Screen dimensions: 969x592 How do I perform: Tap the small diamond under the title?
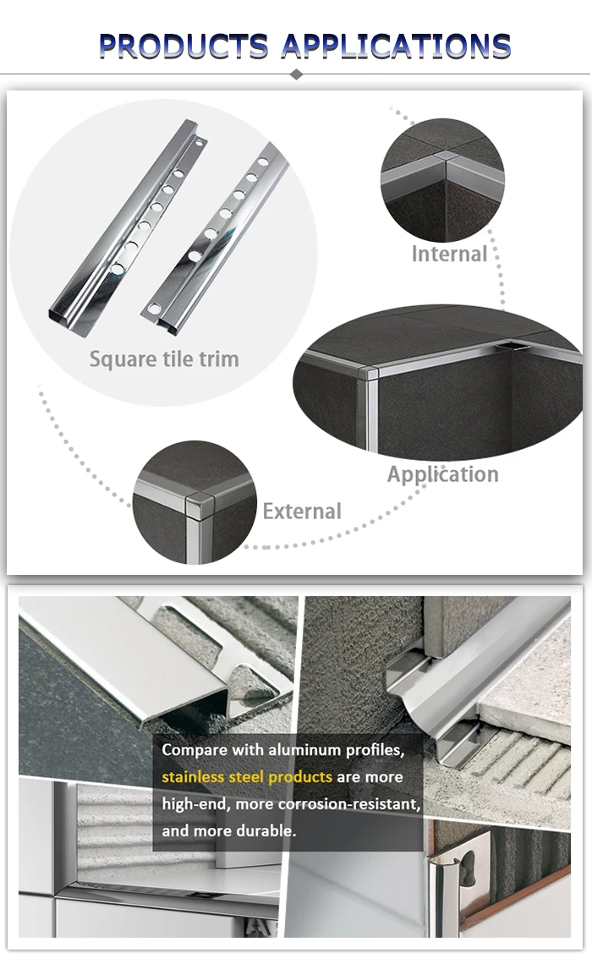click(x=296, y=74)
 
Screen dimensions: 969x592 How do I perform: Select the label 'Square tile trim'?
click(x=164, y=359)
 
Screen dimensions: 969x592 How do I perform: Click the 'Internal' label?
click(x=449, y=254)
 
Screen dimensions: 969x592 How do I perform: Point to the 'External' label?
click(x=302, y=511)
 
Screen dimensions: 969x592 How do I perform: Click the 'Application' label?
click(x=442, y=474)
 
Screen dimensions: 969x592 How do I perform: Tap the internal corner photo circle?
click(x=441, y=179)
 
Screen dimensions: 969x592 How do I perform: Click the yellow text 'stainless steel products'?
click(x=247, y=776)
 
